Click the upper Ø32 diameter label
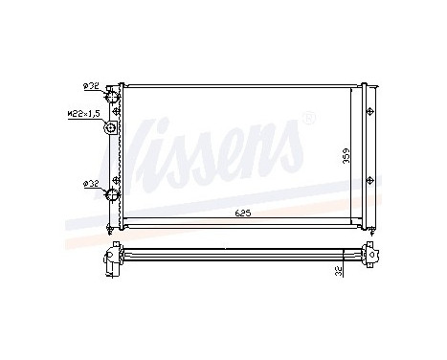[92, 85]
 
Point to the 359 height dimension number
[347, 157]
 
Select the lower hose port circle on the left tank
[113, 196]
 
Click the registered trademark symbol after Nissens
[307, 119]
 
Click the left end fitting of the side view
[113, 256]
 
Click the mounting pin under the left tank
[114, 233]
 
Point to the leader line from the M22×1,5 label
[101, 114]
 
